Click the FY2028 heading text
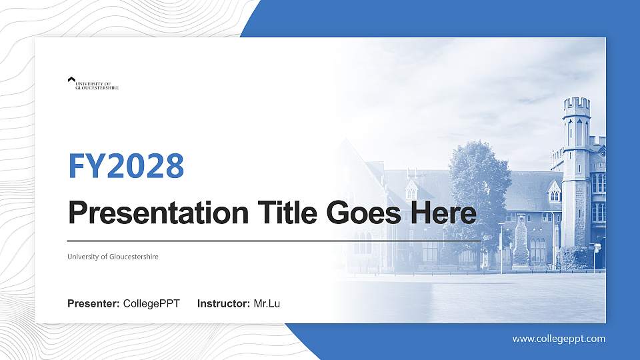point(126,166)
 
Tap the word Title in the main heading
point(283,213)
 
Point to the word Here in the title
point(443,213)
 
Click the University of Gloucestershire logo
point(93,83)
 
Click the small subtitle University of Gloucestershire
point(113,257)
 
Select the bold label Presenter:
point(93,304)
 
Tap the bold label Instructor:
point(224,304)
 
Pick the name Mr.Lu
point(267,304)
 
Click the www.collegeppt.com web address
point(559,339)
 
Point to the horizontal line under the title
point(273,240)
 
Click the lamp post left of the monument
point(501,247)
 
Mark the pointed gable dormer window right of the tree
point(554,193)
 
